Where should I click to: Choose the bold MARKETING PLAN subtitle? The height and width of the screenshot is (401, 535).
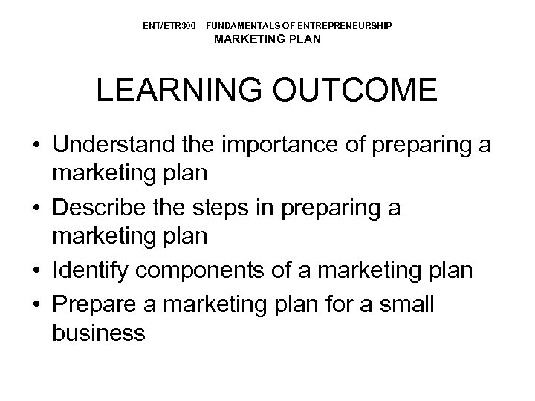pos(267,39)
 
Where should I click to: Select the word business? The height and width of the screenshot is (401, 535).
pos(99,334)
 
